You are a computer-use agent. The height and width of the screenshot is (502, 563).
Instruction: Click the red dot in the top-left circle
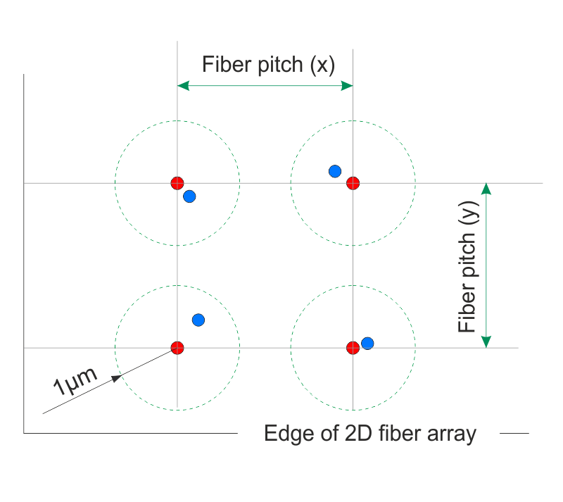coord(177,183)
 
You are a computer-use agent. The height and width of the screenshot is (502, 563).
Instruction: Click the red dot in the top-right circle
coord(353,183)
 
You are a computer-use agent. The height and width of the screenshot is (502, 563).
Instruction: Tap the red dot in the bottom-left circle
coord(177,347)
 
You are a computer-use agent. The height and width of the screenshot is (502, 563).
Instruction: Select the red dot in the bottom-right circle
coord(353,347)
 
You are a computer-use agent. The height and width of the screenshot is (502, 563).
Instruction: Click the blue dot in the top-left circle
coord(189,196)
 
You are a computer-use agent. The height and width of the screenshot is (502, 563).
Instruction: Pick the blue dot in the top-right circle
coord(335,171)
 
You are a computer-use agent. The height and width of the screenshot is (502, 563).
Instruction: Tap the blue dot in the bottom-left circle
coord(198,320)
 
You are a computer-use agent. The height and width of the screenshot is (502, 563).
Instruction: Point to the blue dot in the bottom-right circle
coord(367,343)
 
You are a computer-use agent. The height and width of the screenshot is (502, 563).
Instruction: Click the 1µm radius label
coord(73,379)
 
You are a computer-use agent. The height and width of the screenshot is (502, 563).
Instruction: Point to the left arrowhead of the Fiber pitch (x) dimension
coord(182,86)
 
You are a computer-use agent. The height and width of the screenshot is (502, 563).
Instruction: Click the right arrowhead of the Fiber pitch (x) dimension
coord(347,86)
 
